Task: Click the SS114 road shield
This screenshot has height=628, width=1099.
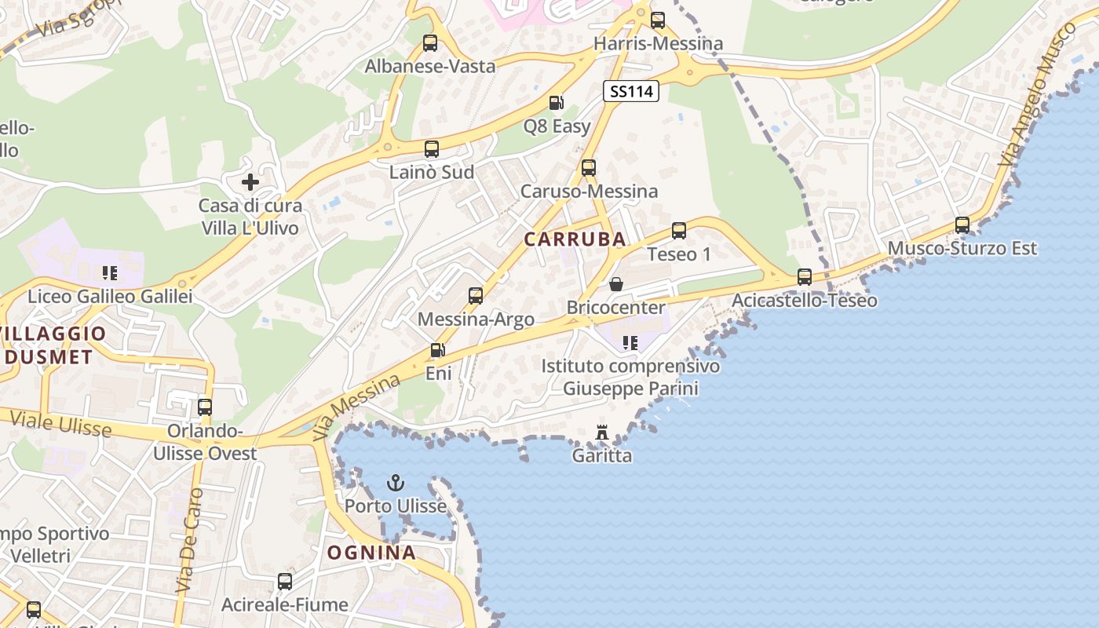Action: [x=631, y=91]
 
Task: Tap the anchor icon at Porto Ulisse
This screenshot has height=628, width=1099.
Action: [x=396, y=482]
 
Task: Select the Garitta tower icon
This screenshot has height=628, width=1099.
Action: [x=602, y=433]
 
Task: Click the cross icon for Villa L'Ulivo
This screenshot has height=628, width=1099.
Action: [x=250, y=182]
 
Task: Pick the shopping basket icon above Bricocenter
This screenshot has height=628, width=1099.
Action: [x=616, y=283]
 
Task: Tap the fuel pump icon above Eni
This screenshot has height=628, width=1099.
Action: [x=437, y=350]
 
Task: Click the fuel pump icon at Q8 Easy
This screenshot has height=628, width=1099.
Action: [x=556, y=103]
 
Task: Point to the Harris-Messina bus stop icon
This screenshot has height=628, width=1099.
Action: [x=658, y=20]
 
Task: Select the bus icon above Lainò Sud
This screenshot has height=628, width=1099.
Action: [x=432, y=148]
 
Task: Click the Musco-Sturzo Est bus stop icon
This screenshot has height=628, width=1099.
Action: [x=962, y=225]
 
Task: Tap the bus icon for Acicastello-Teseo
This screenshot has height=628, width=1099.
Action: [x=805, y=277]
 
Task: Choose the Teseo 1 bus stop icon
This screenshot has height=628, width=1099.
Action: [x=679, y=231]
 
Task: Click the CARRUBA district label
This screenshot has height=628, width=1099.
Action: [x=575, y=239]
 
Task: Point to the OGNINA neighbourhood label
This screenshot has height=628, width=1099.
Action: [x=371, y=553]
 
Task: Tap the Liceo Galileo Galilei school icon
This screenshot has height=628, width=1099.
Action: [x=110, y=273]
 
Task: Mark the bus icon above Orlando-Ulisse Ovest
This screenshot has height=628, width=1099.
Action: [x=205, y=407]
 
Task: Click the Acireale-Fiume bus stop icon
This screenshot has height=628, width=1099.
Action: [x=285, y=582]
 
